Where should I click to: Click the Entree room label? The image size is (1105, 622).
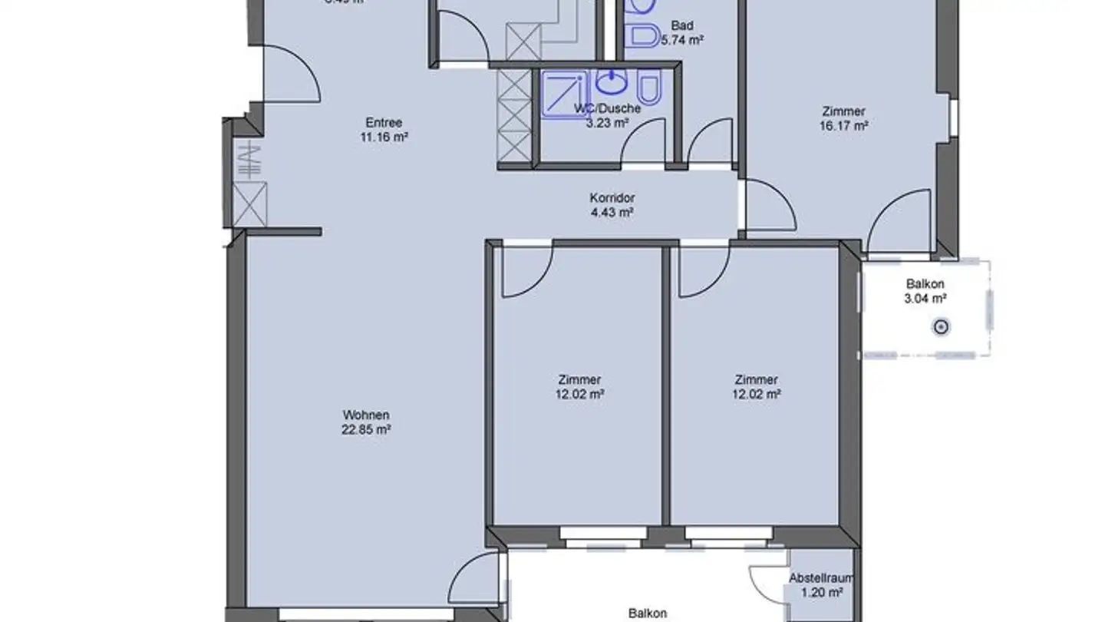coord(384,123)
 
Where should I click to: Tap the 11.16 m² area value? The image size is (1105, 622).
coord(384,137)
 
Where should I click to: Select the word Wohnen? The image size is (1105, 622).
coord(366,415)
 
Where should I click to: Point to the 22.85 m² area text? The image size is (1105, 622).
coord(366,430)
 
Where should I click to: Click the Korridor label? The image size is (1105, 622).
coord(612,198)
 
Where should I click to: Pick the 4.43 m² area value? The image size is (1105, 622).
coord(612,213)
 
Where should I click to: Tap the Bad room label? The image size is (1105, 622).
coord(681,25)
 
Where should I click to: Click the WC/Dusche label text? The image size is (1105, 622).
coord(608,108)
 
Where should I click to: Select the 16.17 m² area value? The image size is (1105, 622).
coord(843,126)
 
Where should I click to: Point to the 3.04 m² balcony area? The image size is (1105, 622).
coord(925,299)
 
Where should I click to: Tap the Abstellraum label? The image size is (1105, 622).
coord(821,578)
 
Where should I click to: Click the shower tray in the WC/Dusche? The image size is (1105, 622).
coord(565,94)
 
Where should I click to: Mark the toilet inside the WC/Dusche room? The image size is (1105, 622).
coord(650,88)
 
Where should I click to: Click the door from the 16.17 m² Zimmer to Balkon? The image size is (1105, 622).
coord(899,224)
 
